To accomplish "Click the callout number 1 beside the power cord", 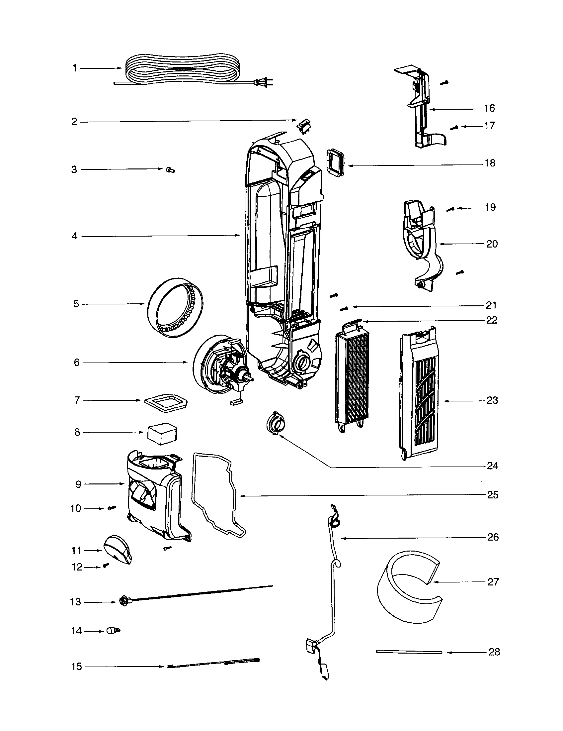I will [75, 68].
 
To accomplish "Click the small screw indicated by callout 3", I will [170, 170].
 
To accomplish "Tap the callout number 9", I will [78, 484].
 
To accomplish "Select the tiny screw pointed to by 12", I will [106, 565].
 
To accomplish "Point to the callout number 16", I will [489, 108].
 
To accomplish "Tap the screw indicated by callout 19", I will [450, 210].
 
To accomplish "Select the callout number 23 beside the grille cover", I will [492, 400].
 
